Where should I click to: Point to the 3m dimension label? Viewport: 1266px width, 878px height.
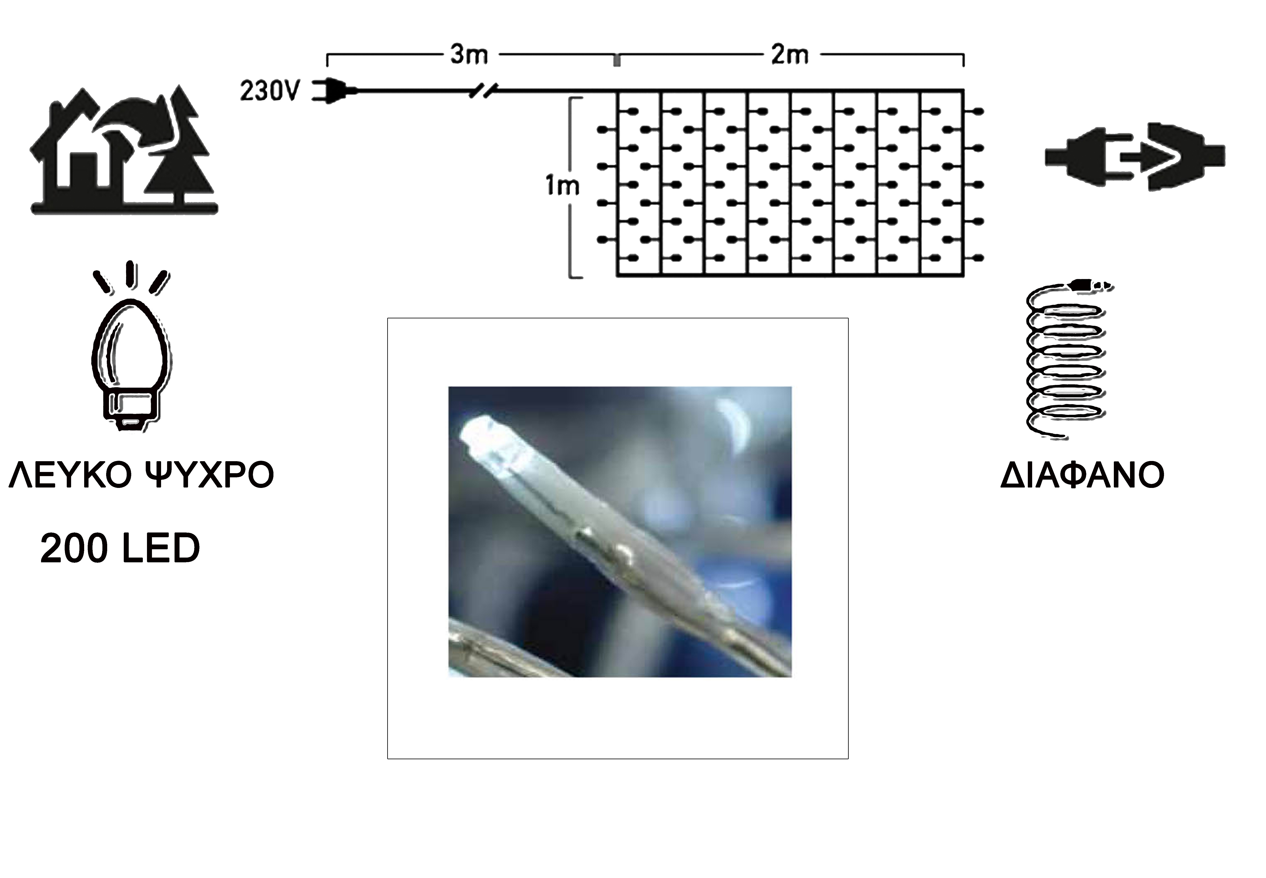[469, 55]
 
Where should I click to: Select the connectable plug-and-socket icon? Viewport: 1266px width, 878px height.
[1135, 157]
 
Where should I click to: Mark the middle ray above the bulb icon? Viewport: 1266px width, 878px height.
[130, 274]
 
